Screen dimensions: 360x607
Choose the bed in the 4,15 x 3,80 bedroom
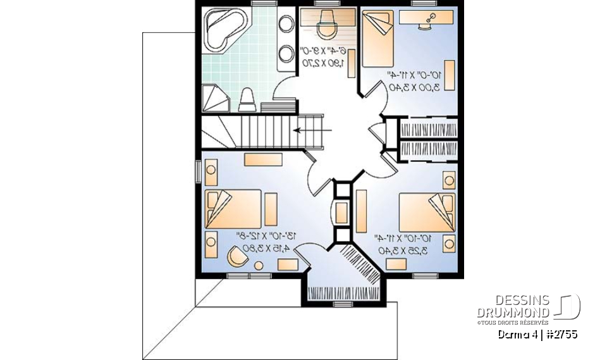click(x=233, y=208)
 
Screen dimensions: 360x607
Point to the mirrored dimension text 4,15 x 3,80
click(x=262, y=247)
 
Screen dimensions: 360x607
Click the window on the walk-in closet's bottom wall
click(x=343, y=304)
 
